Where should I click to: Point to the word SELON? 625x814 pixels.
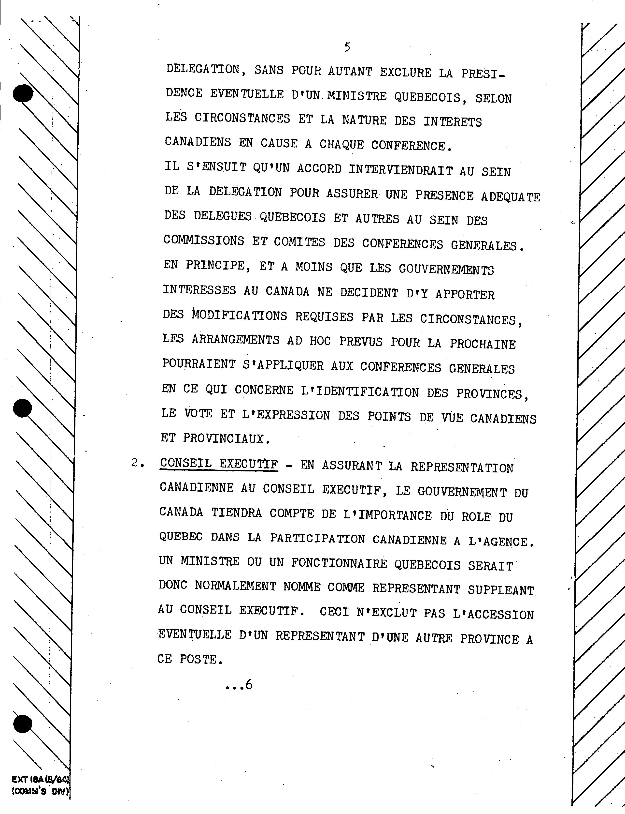coord(493,99)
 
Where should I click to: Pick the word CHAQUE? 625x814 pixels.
coord(341,145)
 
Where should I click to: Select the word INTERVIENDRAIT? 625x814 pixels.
coord(401,170)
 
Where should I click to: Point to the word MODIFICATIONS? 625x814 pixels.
coord(239,316)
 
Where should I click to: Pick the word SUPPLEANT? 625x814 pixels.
coord(501,590)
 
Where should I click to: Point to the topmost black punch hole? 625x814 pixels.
coord(23,93)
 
